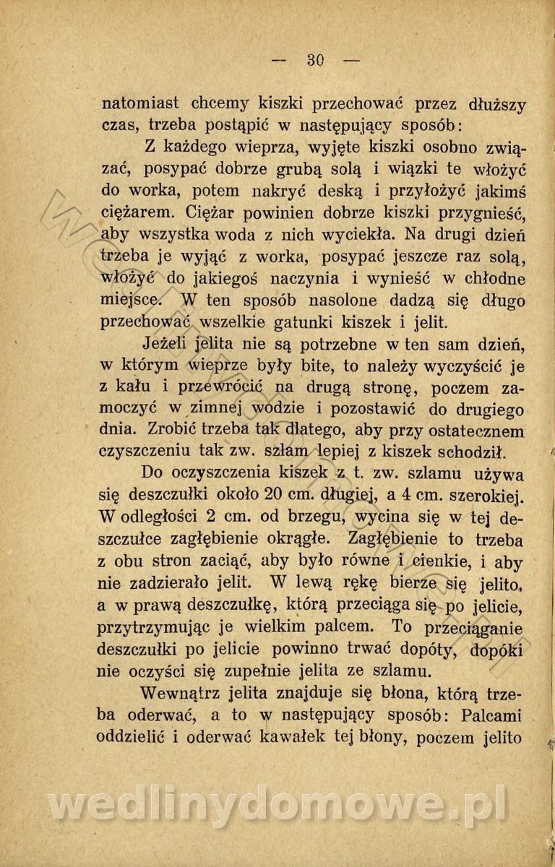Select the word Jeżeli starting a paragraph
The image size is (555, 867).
[168, 344]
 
